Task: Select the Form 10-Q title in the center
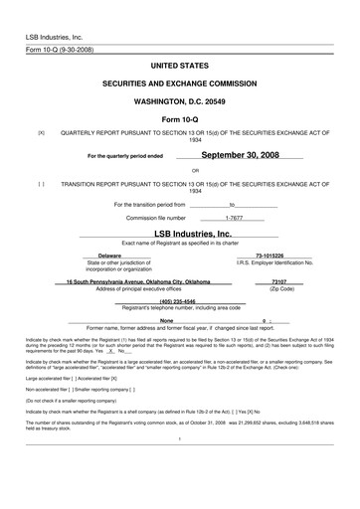pos(180,118)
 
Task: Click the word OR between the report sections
pos(180,170)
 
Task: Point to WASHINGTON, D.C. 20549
pos(180,100)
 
